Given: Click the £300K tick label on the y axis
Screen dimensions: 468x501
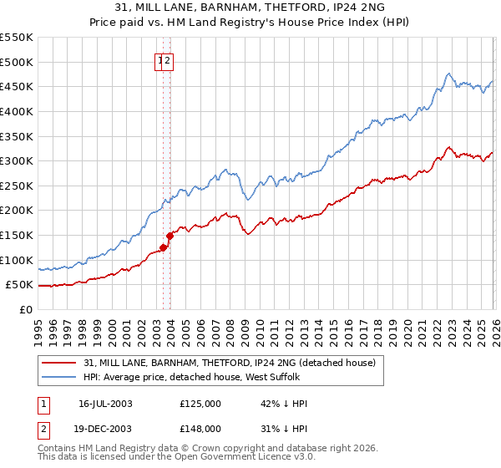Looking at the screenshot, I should click(x=17, y=160).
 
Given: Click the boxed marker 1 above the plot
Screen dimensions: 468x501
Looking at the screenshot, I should click(x=159, y=60).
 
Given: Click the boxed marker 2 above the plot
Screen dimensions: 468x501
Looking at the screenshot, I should click(x=167, y=60).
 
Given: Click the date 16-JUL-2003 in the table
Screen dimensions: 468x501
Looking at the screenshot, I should click(x=105, y=404).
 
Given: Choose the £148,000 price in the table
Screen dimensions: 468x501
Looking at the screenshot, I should click(x=200, y=429).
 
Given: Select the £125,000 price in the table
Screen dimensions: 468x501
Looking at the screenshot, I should click(x=200, y=404).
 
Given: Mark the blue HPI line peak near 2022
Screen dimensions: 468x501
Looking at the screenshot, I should click(x=449, y=74).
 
